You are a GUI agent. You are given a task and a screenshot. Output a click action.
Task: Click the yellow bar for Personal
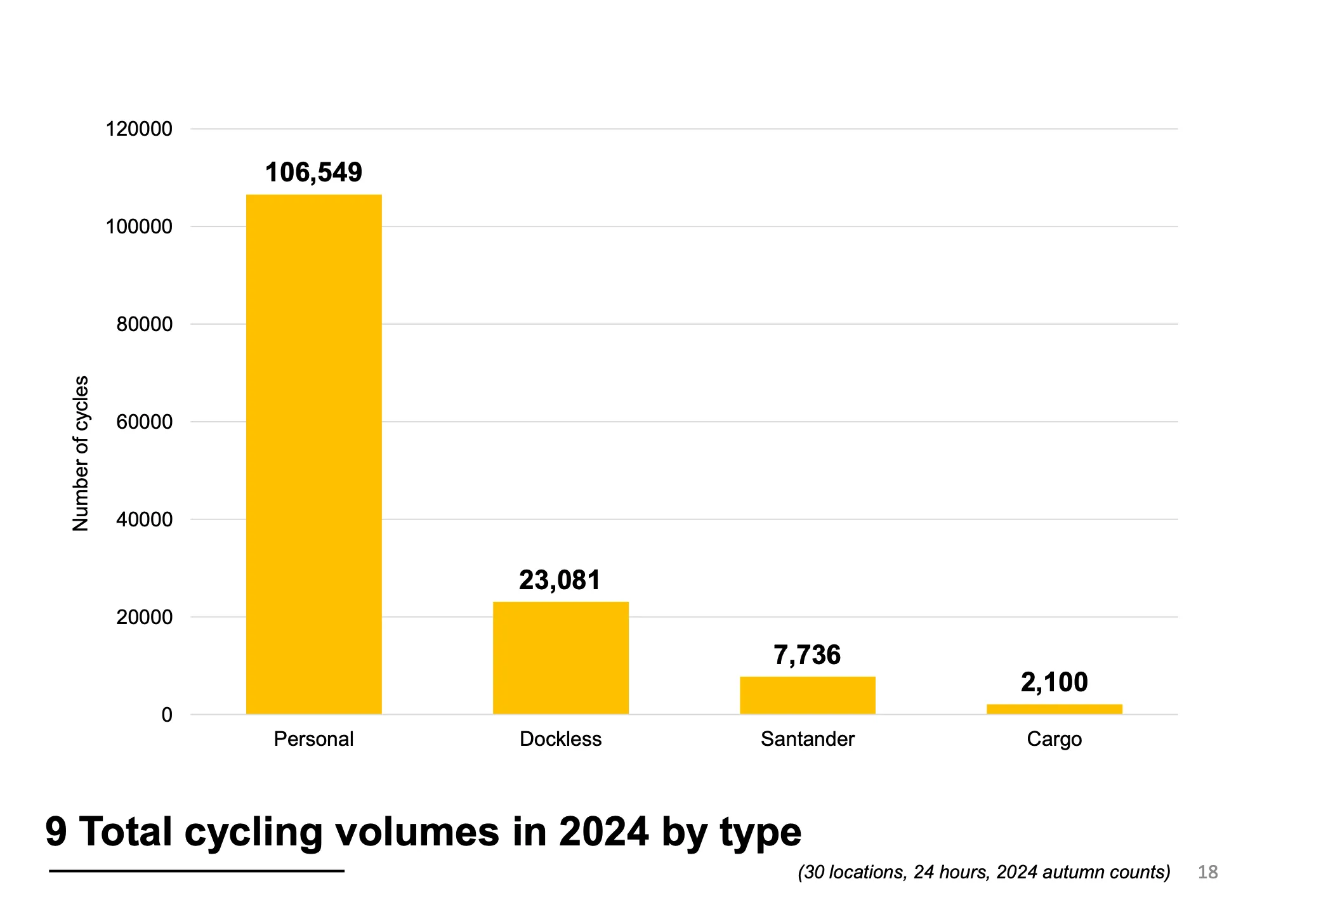313,454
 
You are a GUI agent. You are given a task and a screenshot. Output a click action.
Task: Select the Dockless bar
560,658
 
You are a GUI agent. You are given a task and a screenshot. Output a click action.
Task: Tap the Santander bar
807,695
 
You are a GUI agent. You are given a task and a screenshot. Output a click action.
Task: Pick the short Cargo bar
1054,709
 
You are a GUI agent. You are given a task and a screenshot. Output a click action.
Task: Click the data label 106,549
313,173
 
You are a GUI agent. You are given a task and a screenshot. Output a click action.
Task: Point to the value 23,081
559,580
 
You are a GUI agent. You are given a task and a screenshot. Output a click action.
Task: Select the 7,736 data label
806,655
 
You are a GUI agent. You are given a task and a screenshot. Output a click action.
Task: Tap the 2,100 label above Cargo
1054,682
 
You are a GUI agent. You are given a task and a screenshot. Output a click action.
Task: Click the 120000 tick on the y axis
139,129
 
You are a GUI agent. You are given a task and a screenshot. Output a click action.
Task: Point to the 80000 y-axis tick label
144,325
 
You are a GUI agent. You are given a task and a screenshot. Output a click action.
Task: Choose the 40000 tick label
144,520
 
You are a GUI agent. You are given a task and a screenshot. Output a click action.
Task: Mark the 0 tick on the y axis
167,715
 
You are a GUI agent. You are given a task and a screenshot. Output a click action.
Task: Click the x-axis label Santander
807,739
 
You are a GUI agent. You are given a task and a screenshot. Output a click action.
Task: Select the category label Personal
313,739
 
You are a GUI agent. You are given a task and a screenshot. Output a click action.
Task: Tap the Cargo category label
1054,739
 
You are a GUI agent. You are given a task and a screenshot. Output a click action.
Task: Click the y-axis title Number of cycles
81,453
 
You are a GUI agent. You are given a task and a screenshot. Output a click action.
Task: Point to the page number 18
1207,873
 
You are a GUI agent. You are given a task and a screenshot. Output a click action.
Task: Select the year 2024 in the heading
603,831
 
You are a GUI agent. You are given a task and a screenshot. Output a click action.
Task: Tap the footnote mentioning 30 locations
983,873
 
